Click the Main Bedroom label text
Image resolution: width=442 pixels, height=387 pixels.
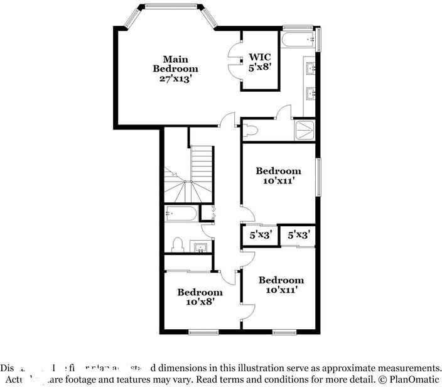[x=176, y=63]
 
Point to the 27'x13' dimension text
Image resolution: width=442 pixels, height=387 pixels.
[x=176, y=79]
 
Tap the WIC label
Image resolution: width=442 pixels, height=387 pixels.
[x=260, y=56]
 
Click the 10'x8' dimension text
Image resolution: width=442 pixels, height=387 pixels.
[x=199, y=302]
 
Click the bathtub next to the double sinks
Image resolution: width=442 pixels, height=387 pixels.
[x=298, y=40]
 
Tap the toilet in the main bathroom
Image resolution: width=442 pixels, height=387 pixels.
[x=252, y=130]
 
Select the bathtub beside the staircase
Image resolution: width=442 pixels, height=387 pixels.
[x=181, y=214]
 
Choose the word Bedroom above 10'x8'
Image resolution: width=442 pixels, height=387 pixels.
[x=199, y=292]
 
